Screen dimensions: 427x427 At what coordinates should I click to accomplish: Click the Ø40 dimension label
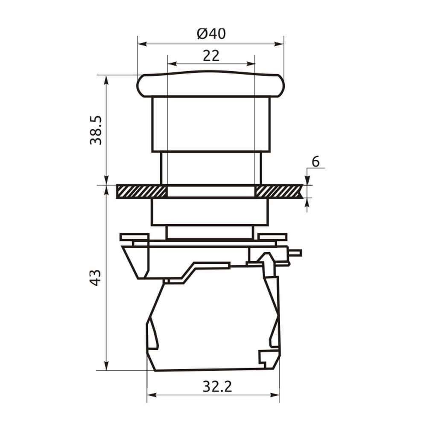click(x=211, y=34)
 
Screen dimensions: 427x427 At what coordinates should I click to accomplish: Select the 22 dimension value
click(x=211, y=56)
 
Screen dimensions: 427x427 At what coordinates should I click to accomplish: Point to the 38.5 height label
click(x=96, y=130)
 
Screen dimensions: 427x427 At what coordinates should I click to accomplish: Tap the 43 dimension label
click(x=96, y=278)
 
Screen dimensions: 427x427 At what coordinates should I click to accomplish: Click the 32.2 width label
click(x=217, y=386)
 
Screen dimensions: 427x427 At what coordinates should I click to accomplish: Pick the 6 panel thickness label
click(x=316, y=161)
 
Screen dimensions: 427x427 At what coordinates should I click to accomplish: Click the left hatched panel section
click(x=141, y=191)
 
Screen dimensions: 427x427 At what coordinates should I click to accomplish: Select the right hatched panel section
click(x=279, y=191)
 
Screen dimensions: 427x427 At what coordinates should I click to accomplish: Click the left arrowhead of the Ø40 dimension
click(x=143, y=44)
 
